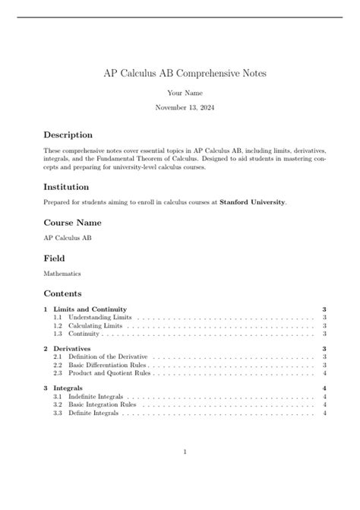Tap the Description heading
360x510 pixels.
pyautogui.click(x=68, y=135)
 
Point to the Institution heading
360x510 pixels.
pyautogui.click(x=67, y=186)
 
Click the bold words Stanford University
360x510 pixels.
pyautogui.click(x=253, y=202)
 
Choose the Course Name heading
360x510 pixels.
pyautogui.click(x=72, y=223)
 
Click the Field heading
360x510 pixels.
pyautogui.click(x=53, y=258)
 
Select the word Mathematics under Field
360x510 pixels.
pyautogui.click(x=62, y=274)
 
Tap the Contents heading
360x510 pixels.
pyautogui.click(x=62, y=293)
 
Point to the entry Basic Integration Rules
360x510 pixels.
pyautogui.click(x=99, y=405)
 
